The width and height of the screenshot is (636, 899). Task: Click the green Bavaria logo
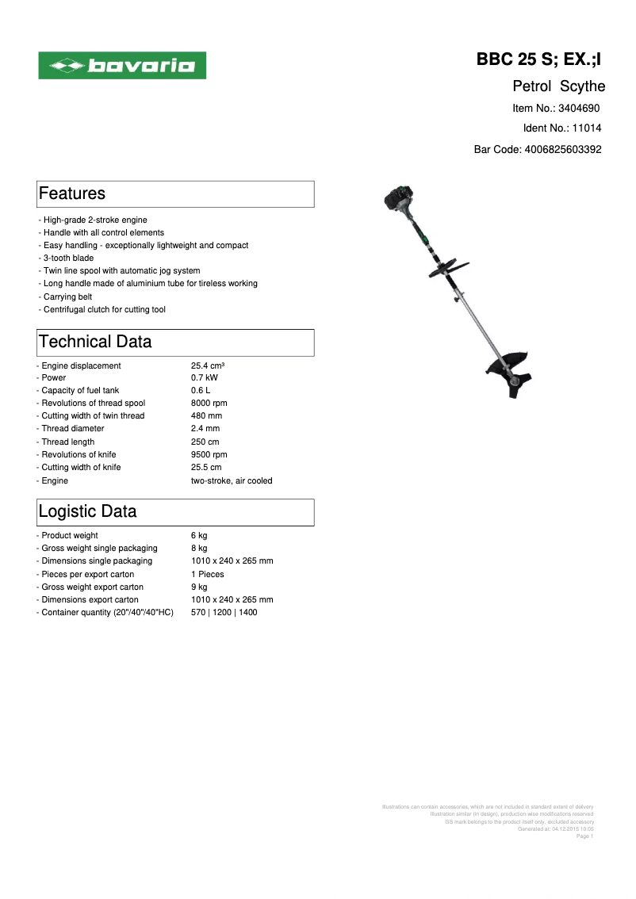pos(123,66)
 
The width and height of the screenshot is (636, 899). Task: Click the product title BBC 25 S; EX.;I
pos(539,59)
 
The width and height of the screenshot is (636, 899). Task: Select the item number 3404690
pos(579,108)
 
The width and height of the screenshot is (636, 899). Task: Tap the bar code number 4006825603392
pos(563,148)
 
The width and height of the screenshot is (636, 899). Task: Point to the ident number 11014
pos(587,128)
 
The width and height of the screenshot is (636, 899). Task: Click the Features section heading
pos(72,193)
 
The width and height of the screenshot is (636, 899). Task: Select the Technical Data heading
pos(95,342)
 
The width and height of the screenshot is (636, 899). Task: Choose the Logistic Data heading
pos(88,511)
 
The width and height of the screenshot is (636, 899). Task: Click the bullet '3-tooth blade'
pos(68,258)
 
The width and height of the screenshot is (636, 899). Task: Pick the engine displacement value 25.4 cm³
pos(208,365)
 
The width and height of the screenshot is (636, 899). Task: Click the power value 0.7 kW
pos(205,378)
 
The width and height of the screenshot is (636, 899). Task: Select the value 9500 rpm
pos(209,454)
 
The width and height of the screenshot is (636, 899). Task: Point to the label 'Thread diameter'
pos(72,429)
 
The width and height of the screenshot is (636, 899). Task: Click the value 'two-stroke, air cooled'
pos(232,480)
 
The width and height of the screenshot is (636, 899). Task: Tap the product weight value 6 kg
pos(199,536)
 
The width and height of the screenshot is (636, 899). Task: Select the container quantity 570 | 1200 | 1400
pos(224,612)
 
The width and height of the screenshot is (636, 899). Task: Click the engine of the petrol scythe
pos(396,201)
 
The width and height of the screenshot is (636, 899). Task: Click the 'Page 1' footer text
pos(584,836)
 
